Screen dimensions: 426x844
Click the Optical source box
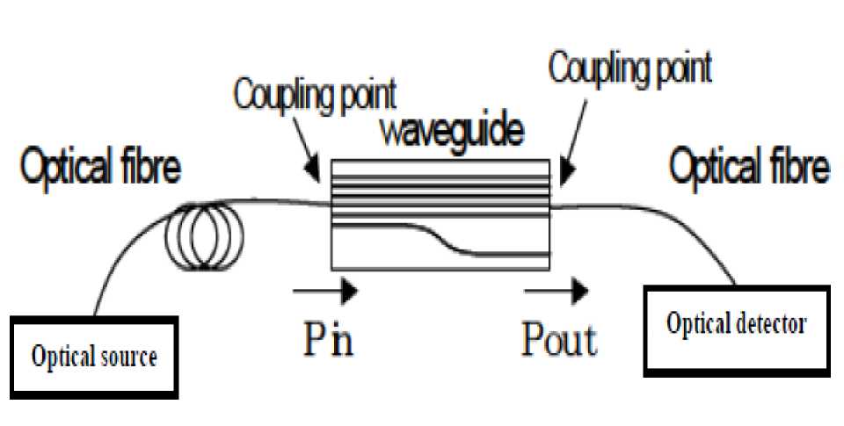pos(94,355)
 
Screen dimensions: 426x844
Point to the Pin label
pos(326,338)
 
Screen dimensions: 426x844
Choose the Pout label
pos(559,338)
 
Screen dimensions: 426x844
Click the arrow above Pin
pos(325,289)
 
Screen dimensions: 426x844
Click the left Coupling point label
pos(315,96)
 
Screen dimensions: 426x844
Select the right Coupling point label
pos(629,67)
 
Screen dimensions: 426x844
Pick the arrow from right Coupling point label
pos(570,149)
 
